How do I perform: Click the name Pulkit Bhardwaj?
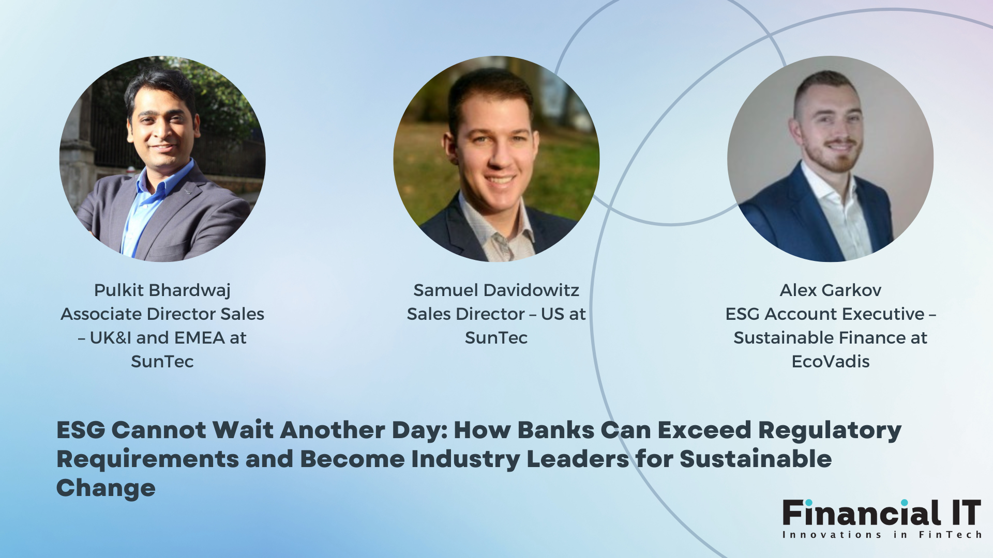pos(162,290)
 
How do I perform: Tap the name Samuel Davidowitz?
pos(496,290)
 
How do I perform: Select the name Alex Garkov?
pos(830,290)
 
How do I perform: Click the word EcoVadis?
pos(831,361)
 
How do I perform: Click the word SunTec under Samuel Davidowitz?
pos(496,337)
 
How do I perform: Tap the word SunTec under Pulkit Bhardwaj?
pos(162,361)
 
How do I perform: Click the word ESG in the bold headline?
pos(81,430)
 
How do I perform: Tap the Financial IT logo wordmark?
pos(882,513)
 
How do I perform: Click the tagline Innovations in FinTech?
pos(882,535)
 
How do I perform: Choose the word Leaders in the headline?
pos(577,459)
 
